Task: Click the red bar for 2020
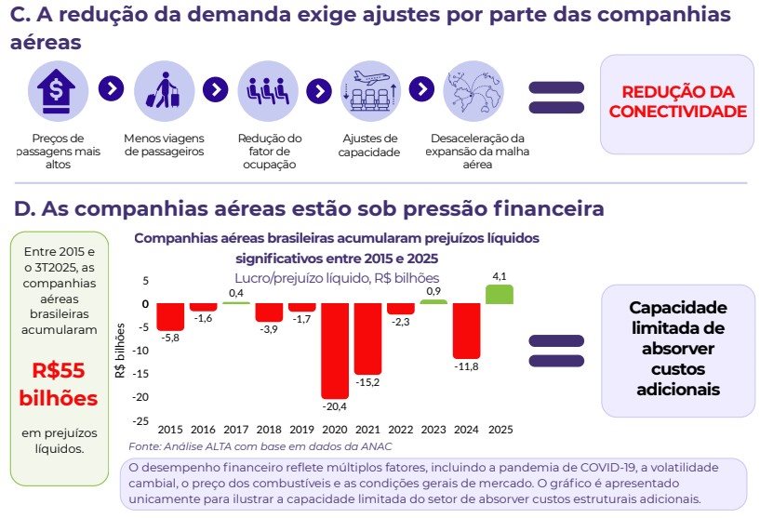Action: tap(335, 351)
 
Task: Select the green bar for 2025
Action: tap(500, 294)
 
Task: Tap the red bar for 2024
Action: tap(467, 331)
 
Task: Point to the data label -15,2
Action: tap(367, 382)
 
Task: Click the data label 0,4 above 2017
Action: tap(236, 293)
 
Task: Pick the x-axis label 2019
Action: tap(301, 430)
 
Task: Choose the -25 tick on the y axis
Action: tap(141, 421)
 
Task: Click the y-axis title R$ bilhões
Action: tap(120, 351)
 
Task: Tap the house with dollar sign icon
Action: tap(56, 91)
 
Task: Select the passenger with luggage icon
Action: tap(164, 90)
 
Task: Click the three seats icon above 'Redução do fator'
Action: tap(268, 90)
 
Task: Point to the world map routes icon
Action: tap(473, 91)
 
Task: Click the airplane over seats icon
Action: tap(370, 90)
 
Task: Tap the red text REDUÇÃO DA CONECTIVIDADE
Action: tap(677, 101)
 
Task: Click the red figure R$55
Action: tap(59, 371)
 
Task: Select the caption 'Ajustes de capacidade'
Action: tap(369, 145)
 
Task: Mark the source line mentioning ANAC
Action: tap(260, 446)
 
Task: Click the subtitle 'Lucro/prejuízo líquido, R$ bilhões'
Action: tap(337, 278)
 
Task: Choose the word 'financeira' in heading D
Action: tap(549, 209)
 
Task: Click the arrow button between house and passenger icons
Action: tap(111, 88)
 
